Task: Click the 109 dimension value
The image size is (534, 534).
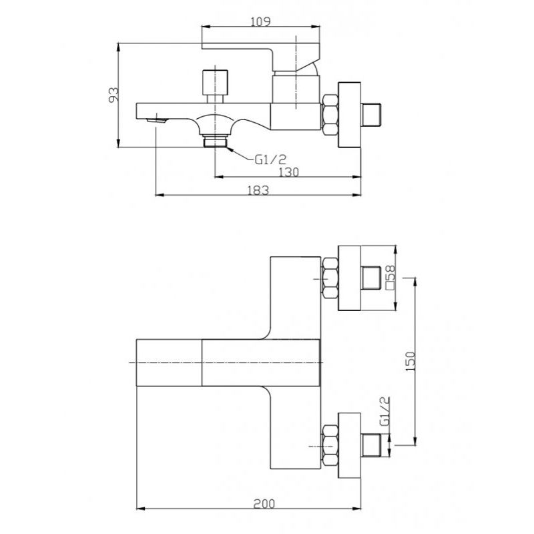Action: tap(260, 22)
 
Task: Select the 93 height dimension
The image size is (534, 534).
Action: tap(113, 94)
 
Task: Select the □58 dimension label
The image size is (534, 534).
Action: tap(391, 277)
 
